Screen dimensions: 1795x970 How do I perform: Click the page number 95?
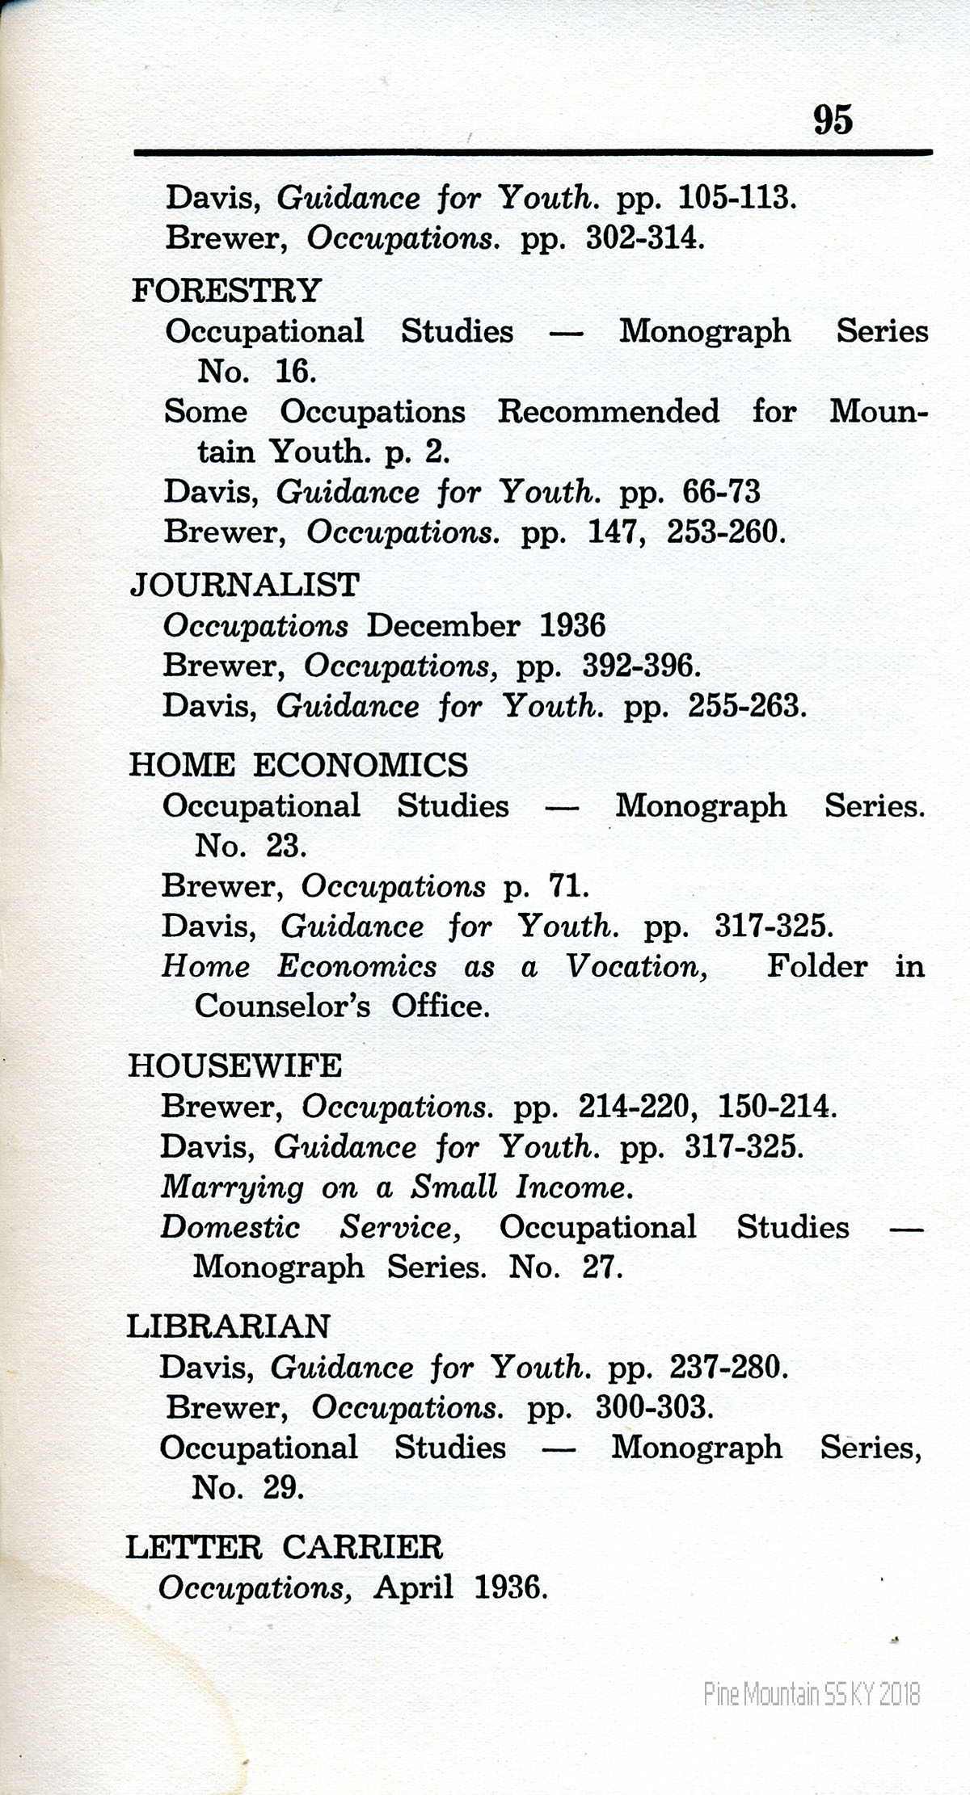click(x=832, y=120)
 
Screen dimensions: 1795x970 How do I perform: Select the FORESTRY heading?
click(x=226, y=290)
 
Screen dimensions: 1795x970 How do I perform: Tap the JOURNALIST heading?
click(x=244, y=584)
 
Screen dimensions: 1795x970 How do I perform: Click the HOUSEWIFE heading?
click(x=235, y=1066)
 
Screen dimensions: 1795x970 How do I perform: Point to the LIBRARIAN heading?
click(x=229, y=1326)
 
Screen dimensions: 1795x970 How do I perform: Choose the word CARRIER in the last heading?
click(x=363, y=1548)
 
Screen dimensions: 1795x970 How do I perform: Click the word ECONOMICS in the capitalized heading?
click(x=361, y=765)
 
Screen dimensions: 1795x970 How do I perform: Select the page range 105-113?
click(x=735, y=198)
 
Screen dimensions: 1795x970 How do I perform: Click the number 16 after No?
click(x=293, y=372)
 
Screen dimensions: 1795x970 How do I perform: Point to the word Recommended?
click(x=608, y=411)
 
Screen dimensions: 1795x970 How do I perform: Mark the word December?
click(x=443, y=625)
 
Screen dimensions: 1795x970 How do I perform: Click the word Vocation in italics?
click(x=637, y=966)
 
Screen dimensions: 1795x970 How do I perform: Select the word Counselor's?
click(x=282, y=1007)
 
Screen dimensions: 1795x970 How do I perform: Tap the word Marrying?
click(x=232, y=1188)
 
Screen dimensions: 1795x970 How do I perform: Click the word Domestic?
click(x=230, y=1227)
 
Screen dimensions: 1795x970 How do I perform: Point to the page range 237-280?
click(x=727, y=1367)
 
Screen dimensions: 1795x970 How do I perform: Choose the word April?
click(x=413, y=1588)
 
